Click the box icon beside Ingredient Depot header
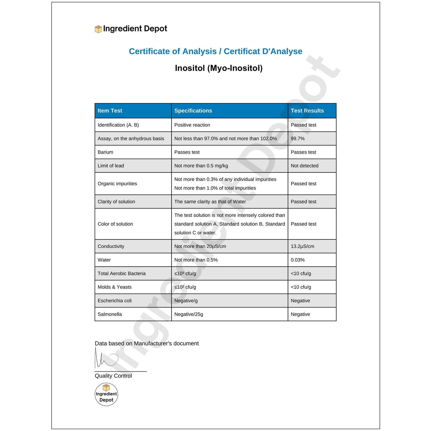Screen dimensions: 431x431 point(98,29)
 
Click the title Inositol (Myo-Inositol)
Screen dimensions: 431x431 point(219,68)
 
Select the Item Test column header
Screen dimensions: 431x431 point(110,111)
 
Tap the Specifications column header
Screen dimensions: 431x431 point(193,111)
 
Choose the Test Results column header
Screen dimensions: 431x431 point(307,111)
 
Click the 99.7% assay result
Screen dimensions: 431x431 point(298,139)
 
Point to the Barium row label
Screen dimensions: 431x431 point(105,152)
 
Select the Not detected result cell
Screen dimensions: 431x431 point(305,166)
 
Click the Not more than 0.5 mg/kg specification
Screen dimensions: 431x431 point(201,166)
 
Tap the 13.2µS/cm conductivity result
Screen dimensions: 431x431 point(302,246)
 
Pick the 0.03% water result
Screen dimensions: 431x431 point(298,260)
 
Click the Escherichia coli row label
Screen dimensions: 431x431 point(115,301)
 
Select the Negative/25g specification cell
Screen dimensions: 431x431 point(189,314)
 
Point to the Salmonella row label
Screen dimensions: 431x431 point(110,314)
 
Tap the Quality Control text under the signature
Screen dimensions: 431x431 point(113,376)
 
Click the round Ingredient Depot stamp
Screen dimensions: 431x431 point(106,394)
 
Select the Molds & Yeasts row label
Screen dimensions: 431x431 point(115,287)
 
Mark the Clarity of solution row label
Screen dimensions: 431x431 point(116,202)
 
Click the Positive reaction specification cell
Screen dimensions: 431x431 point(192,125)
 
